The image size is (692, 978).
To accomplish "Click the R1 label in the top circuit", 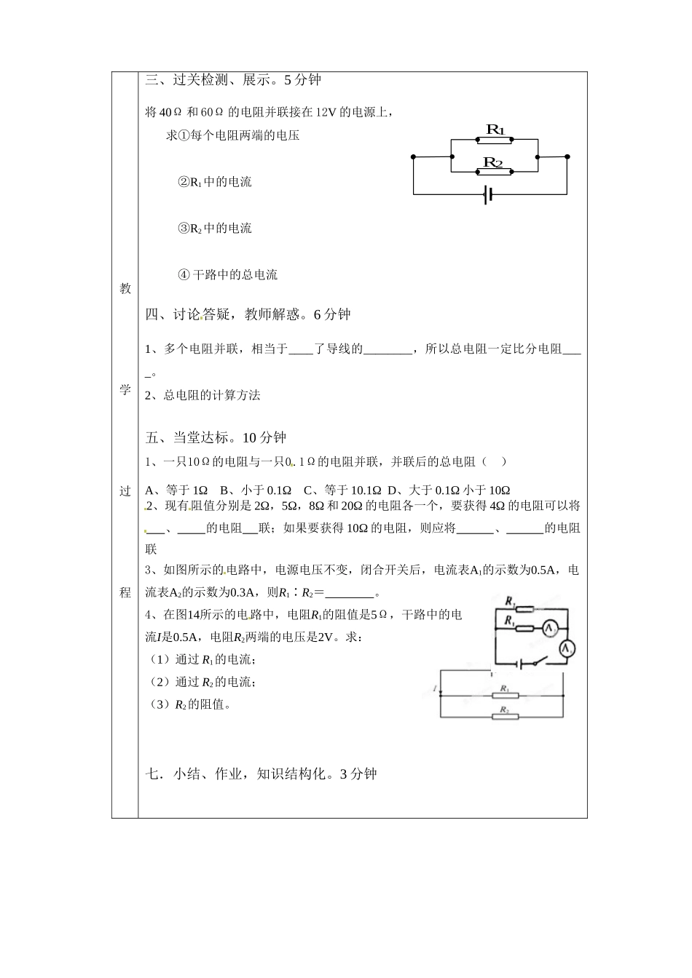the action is [x=495, y=130].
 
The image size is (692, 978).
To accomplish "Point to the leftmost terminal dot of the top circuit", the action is [x=413, y=156].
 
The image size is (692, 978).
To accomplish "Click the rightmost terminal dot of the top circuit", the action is [x=567, y=156].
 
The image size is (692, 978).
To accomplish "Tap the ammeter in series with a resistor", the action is [x=551, y=627].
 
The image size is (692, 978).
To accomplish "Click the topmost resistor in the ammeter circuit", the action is [x=519, y=609].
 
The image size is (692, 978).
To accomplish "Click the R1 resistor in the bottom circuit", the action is [x=505, y=695].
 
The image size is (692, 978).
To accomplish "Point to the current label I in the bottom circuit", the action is [x=434, y=688].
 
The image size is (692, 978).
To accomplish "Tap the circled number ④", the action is [x=184, y=275].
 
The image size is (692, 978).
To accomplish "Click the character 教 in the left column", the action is [x=125, y=289].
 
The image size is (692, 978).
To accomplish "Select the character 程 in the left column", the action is [x=125, y=592].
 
